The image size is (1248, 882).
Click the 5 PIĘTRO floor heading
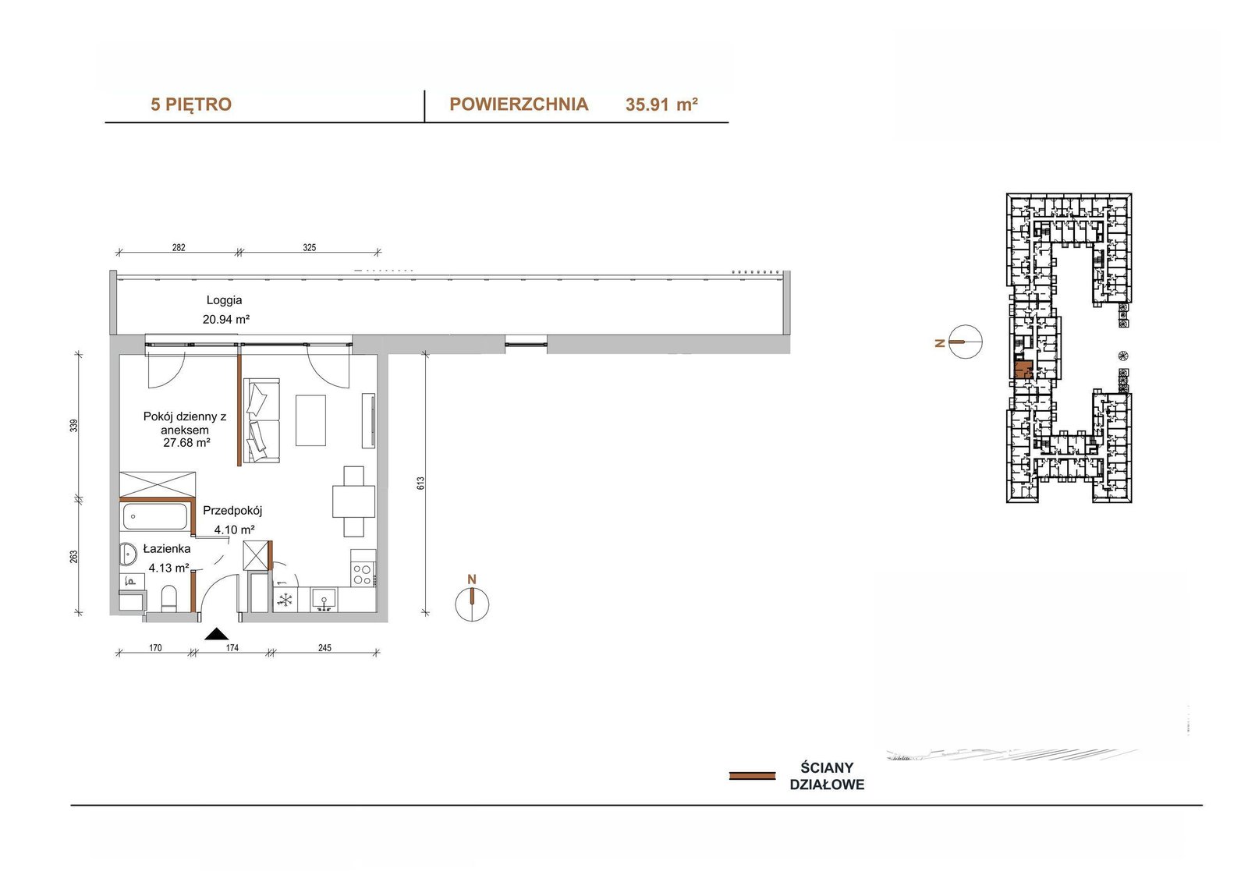pyautogui.click(x=191, y=104)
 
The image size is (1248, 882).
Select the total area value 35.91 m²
pyautogui.click(x=661, y=104)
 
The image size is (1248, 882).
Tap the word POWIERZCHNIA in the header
pyautogui.click(x=519, y=104)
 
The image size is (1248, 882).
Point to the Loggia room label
pyautogui.click(x=224, y=299)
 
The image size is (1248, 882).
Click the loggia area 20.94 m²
pyautogui.click(x=225, y=319)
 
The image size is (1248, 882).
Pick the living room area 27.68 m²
pyautogui.click(x=186, y=443)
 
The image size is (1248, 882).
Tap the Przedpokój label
pyautogui.click(x=232, y=510)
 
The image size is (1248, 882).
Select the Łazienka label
pyautogui.click(x=167, y=549)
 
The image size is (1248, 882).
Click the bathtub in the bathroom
pyautogui.click(x=155, y=516)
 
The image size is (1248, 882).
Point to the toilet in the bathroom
pyautogui.click(x=168, y=598)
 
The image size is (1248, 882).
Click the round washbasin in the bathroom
pyautogui.click(x=129, y=554)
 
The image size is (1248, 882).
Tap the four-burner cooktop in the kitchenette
pyautogui.click(x=363, y=574)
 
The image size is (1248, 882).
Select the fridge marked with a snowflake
pyautogui.click(x=285, y=600)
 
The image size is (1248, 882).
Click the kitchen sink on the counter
pyautogui.click(x=324, y=600)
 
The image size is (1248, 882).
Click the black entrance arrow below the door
pyautogui.click(x=216, y=633)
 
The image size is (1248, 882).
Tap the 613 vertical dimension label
pyautogui.click(x=420, y=483)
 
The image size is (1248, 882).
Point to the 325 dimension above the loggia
pyautogui.click(x=309, y=247)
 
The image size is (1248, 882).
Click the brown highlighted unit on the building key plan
pyautogui.click(x=1023, y=370)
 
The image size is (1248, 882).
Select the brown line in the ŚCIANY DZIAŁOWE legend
pyautogui.click(x=752, y=776)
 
